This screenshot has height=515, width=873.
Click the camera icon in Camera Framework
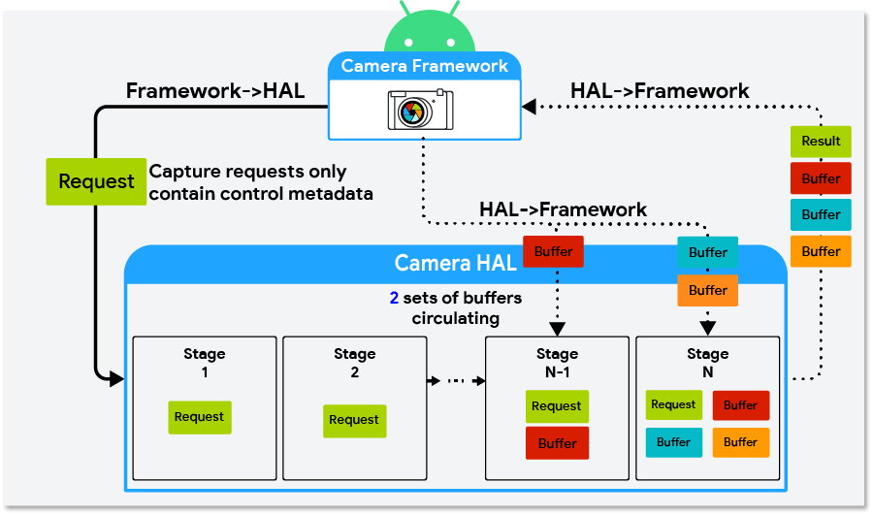click(x=421, y=110)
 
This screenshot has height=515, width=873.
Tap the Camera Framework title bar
click(x=425, y=67)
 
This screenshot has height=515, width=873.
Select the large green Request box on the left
click(x=96, y=181)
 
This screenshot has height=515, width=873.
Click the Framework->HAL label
click(x=215, y=91)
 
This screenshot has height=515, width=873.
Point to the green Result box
click(x=821, y=142)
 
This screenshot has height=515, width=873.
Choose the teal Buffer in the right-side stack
click(x=821, y=214)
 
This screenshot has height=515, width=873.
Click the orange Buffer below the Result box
click(x=821, y=251)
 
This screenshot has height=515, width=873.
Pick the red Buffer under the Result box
click(x=821, y=178)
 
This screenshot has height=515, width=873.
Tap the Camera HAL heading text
click(x=455, y=264)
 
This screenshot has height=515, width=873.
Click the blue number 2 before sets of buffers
click(x=395, y=298)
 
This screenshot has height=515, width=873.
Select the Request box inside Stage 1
click(x=199, y=417)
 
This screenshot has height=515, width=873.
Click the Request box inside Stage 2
click(x=354, y=420)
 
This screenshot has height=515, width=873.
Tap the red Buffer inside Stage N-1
click(x=557, y=443)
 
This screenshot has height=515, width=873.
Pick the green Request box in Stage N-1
click(x=557, y=406)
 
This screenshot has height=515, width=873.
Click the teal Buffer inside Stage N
click(x=673, y=442)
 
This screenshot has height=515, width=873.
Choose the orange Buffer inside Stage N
click(x=740, y=442)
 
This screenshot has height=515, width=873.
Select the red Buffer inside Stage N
click(x=740, y=405)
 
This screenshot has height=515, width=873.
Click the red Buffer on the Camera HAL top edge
click(x=553, y=252)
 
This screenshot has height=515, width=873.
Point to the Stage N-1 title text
click(x=557, y=363)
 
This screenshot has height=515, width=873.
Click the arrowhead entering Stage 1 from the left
click(x=116, y=378)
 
